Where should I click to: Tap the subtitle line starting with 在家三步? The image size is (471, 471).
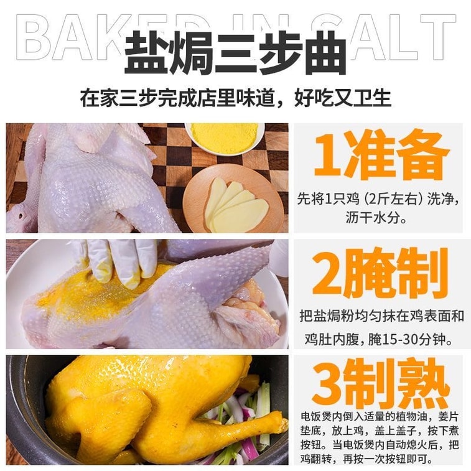click(235, 98)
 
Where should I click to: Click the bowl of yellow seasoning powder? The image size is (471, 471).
click(225, 136)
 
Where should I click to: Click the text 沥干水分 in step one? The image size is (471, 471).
click(379, 217)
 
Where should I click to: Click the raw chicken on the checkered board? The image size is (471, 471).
click(93, 180)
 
